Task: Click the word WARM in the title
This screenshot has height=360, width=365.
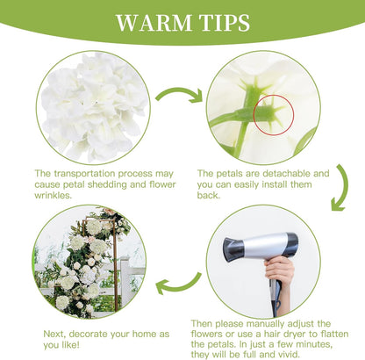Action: pyautogui.click(x=154, y=23)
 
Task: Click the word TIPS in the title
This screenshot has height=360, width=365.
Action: pyautogui.click(x=225, y=23)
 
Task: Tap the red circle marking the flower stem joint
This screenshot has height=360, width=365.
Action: pyautogui.click(x=274, y=115)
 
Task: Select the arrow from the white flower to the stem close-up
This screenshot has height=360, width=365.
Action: pyautogui.click(x=180, y=94)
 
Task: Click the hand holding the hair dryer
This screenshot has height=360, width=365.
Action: pyautogui.click(x=279, y=270)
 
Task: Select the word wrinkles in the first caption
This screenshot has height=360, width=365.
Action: pyautogui.click(x=53, y=195)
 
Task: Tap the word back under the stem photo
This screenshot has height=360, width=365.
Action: pyautogui.click(x=208, y=195)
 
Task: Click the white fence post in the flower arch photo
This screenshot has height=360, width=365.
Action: pyautogui.click(x=125, y=281)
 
